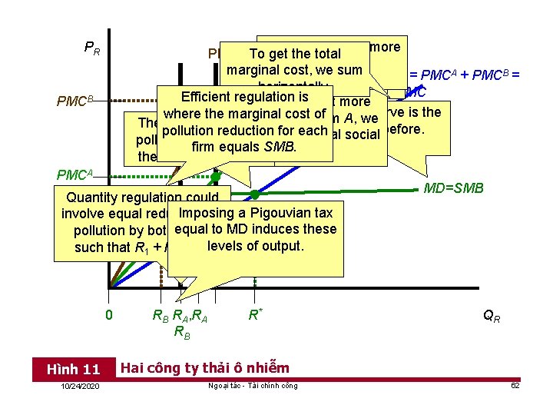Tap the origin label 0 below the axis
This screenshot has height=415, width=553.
[109, 314]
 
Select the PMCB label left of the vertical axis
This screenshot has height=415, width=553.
[75, 100]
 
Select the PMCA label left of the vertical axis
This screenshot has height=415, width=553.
[75, 174]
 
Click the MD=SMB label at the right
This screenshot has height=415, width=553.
[454, 188]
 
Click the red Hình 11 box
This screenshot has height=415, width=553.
[74, 370]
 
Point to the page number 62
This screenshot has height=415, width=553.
[515, 386]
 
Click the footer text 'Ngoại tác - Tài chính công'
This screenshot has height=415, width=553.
[253, 386]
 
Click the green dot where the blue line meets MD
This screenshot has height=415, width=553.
[255, 195]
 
